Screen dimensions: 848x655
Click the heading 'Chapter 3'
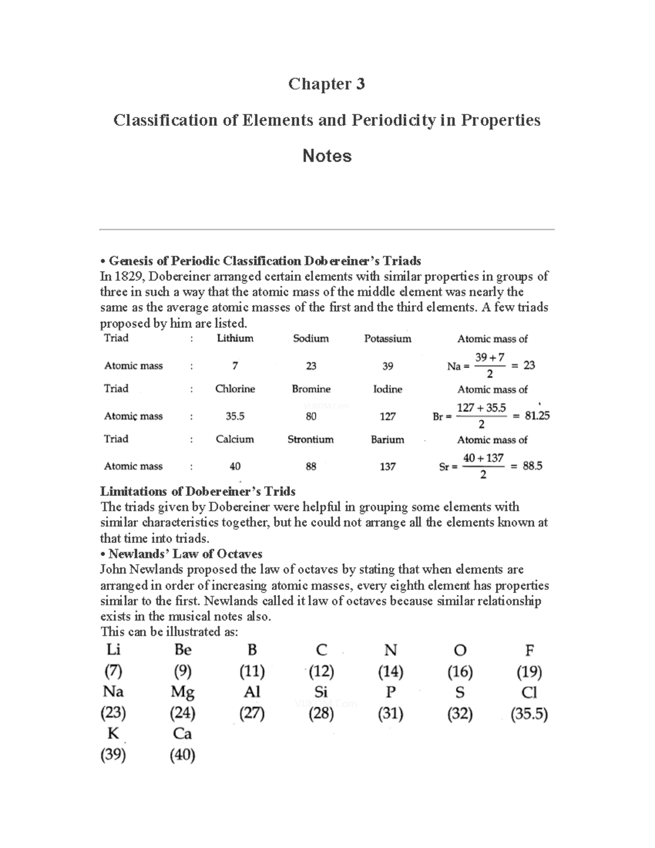[x=326, y=84]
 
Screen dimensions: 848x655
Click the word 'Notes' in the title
[x=326, y=156]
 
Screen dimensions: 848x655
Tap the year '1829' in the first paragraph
[x=127, y=276]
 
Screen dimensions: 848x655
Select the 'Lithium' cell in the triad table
[x=235, y=339]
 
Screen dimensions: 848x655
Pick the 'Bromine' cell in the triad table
[x=311, y=389]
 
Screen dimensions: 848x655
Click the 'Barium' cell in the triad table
[x=388, y=440]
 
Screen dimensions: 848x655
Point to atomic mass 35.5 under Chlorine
[x=235, y=416]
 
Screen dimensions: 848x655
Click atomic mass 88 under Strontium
[x=311, y=467]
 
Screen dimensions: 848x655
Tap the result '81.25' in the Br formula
[x=537, y=416]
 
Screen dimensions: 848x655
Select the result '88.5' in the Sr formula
[x=532, y=466]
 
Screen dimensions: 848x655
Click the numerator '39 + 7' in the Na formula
[x=489, y=358]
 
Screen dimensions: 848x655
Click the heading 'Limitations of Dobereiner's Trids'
[x=198, y=491]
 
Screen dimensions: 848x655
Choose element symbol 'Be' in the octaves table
[x=182, y=650]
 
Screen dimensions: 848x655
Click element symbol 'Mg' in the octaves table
[x=182, y=692]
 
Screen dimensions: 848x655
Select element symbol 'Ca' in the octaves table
[x=182, y=734]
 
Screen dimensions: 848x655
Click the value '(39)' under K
[x=113, y=755]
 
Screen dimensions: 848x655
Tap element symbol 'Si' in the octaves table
[x=321, y=692]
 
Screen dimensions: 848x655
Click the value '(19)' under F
[x=528, y=671]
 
